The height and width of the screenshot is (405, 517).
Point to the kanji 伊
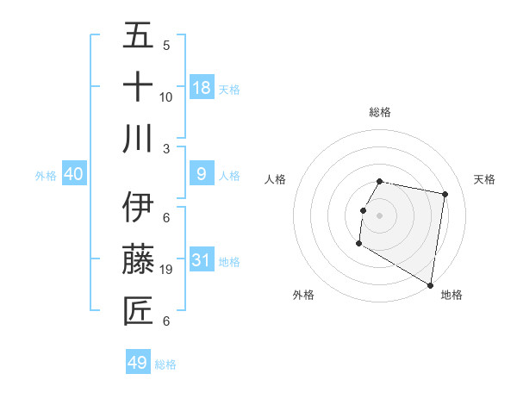(x=138, y=207)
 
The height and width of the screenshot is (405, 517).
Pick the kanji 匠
(x=138, y=310)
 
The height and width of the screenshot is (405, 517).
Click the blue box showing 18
(x=202, y=87)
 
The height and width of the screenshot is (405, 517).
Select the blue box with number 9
(x=202, y=174)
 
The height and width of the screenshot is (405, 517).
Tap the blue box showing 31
(x=202, y=259)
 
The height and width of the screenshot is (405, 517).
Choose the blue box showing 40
(x=74, y=174)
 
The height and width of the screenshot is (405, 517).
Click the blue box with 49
(x=138, y=363)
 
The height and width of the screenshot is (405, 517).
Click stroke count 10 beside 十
(x=166, y=97)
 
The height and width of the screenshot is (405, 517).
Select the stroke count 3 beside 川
(x=166, y=148)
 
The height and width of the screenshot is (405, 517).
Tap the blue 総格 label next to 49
(x=165, y=364)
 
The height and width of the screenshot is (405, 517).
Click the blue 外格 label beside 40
(x=46, y=176)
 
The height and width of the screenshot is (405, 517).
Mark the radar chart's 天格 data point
(x=445, y=195)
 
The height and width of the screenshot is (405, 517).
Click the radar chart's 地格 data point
(x=431, y=285)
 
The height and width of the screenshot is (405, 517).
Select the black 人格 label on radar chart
(x=276, y=179)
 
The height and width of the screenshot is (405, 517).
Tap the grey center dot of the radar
(x=379, y=215)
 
